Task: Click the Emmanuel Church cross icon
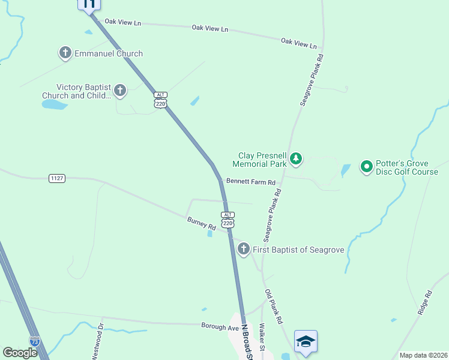(65, 53)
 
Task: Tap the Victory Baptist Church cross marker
(120, 91)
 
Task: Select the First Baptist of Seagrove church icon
(243, 250)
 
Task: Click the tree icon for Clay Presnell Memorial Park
(295, 159)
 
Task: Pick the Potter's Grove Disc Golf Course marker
(366, 167)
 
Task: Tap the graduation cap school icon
(306, 341)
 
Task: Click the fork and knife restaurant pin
(89, 5)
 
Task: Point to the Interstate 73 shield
(35, 341)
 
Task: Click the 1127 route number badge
(57, 178)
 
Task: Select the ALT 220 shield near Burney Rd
(227, 220)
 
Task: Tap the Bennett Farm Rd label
(250, 182)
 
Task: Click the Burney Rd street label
(201, 223)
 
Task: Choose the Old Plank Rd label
(273, 307)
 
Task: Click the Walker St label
(262, 340)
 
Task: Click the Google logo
(20, 353)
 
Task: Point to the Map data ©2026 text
(423, 355)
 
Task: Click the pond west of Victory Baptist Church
(54, 104)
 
